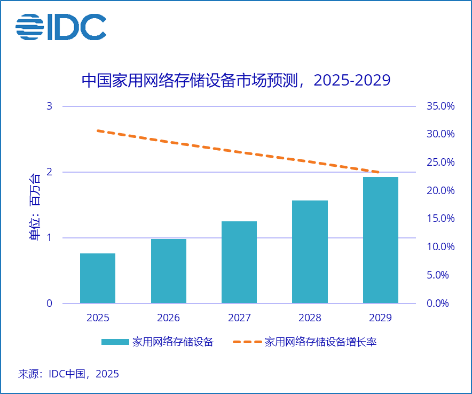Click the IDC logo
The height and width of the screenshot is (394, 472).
pos(60,27)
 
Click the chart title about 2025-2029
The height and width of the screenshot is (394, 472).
pos(235,80)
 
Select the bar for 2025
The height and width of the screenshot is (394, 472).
pos(98,279)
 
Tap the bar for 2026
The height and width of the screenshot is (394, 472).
pos(169,272)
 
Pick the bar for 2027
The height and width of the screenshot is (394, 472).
pos(239,262)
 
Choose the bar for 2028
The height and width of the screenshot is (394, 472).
pos(310,252)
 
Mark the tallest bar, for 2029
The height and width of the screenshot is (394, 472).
pos(381,241)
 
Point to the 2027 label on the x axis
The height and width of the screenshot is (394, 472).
pos(239,318)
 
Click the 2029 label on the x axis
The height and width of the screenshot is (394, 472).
pos(380,318)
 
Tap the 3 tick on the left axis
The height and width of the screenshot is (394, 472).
pos(50,106)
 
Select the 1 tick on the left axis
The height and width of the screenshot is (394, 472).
pos(50,238)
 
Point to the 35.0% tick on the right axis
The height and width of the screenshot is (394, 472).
pos(440,106)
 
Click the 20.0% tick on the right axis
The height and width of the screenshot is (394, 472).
pos(440,191)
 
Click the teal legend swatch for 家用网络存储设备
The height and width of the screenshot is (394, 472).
pos(115,342)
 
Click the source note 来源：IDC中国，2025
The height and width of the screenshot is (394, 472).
pos(69,374)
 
